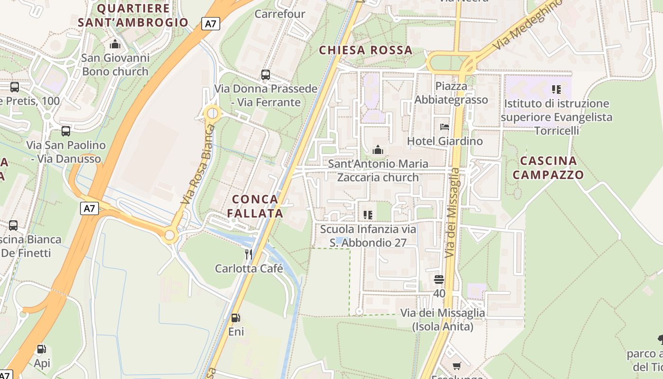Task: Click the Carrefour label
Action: coord(280,14)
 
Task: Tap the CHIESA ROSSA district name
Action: coord(366,50)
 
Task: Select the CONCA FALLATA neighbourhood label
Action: coord(255,206)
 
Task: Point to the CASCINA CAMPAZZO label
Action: coord(548,168)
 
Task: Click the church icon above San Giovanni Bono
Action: coord(115,45)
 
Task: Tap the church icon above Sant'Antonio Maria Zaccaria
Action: coord(377,151)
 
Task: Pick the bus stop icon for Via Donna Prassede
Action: coord(266,75)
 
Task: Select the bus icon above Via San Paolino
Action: coord(66,131)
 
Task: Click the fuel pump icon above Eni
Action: coord(235,318)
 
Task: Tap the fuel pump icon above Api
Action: coord(42,350)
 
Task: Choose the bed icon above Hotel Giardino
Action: coord(445,127)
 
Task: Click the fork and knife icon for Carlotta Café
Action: coord(249,254)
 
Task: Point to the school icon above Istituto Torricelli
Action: coord(556,89)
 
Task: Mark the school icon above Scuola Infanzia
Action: coord(368,215)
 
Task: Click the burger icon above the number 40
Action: coord(439,280)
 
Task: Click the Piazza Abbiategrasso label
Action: coord(451,93)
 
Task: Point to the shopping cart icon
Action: coord(457,366)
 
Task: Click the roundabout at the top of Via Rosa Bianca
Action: coord(213,113)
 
